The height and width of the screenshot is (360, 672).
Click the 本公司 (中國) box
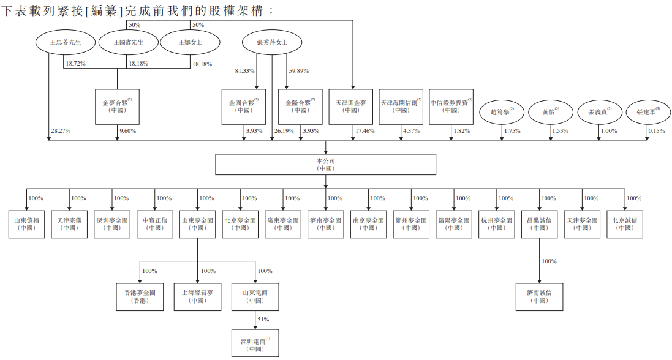click(x=325, y=164)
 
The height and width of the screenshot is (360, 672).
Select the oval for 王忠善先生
click(x=65, y=42)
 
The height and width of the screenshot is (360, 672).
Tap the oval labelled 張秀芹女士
click(x=273, y=42)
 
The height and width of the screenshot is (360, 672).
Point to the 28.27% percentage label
click(x=60, y=131)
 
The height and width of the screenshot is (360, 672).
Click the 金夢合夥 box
click(x=117, y=107)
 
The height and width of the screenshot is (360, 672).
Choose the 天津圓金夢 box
click(x=350, y=107)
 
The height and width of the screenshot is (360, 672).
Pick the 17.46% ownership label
click(x=364, y=131)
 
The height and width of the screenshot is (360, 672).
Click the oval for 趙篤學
click(x=502, y=113)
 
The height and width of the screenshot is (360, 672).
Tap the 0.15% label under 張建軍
click(x=656, y=131)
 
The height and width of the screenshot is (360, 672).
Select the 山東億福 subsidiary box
click(x=26, y=224)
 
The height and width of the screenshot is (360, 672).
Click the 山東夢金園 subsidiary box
click(x=197, y=224)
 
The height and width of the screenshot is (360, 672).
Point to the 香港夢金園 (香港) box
click(x=138, y=296)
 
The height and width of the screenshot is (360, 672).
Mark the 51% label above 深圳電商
click(x=263, y=319)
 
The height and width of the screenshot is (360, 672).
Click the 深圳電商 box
click(x=255, y=343)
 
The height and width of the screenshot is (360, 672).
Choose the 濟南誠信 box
click(x=539, y=296)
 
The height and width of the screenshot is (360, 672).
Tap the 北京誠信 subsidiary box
click(x=625, y=224)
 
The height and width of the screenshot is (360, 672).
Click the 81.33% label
click(x=244, y=71)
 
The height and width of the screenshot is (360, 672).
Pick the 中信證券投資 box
click(x=451, y=107)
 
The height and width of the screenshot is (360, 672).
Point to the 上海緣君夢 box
click(x=197, y=296)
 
